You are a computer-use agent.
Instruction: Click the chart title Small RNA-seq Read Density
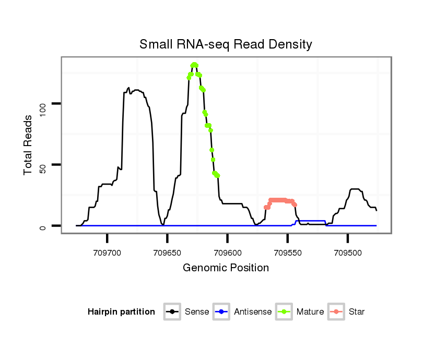[226, 44]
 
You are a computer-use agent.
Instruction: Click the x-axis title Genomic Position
[226, 268]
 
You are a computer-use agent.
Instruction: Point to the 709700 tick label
[107, 252]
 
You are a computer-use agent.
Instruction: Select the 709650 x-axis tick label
[167, 252]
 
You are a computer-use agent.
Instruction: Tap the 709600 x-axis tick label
[227, 252]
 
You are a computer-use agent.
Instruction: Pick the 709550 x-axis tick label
[287, 252]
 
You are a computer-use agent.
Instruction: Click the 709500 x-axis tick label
[347, 252]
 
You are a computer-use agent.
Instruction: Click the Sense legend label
[197, 312]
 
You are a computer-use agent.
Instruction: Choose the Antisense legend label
[253, 312]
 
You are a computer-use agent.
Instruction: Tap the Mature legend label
[310, 312]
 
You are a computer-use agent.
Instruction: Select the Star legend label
[357, 312]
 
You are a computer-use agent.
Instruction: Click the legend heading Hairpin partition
[121, 312]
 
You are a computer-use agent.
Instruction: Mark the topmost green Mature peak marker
[194, 65]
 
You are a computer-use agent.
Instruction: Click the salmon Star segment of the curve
[279, 200]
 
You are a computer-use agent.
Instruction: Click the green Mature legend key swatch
[283, 312]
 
